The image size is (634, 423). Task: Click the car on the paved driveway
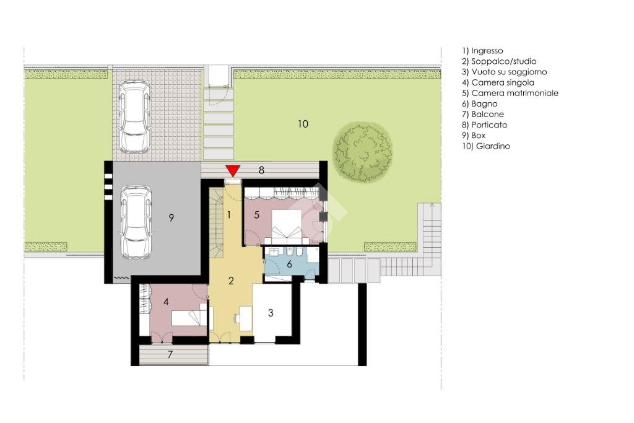(134, 117)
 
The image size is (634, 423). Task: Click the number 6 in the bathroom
(289, 264)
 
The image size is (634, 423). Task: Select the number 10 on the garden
(303, 124)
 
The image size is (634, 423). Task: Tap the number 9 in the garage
(172, 217)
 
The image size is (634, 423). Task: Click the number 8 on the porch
(261, 169)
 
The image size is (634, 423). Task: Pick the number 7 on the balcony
(171, 355)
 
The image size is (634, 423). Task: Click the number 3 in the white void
(271, 313)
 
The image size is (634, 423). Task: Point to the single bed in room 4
(189, 318)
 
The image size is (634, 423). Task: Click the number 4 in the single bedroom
(166, 302)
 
